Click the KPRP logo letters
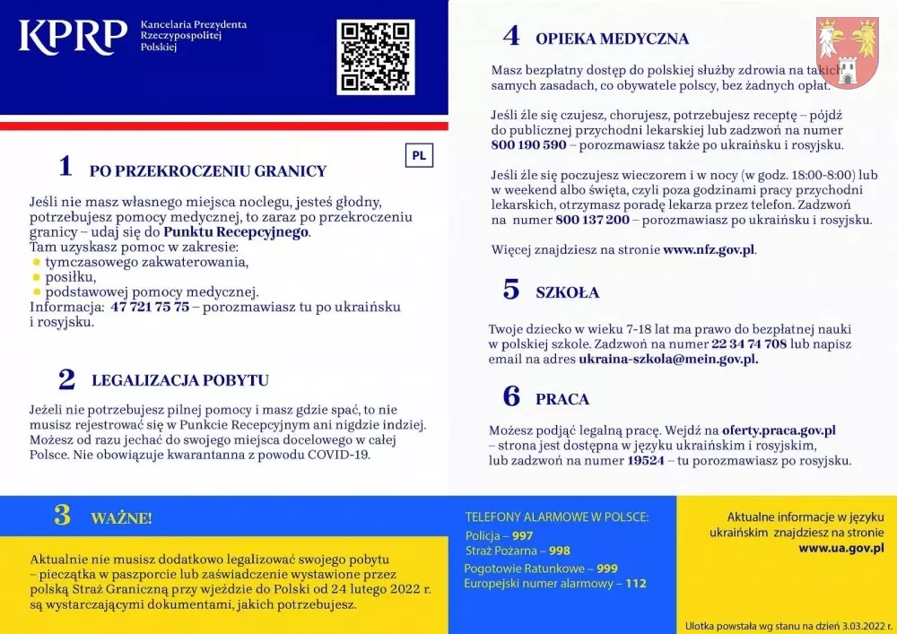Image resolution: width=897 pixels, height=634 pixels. coord(74,36)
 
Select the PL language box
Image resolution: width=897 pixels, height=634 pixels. coord(419,154)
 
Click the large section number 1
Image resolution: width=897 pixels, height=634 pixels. coord(65,166)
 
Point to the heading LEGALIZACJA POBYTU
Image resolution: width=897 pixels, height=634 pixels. coord(179,380)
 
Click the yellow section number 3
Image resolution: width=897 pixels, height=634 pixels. coord(62,516)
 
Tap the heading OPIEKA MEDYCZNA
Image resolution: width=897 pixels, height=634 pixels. coord(612,39)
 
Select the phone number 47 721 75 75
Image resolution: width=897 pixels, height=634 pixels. coord(150,307)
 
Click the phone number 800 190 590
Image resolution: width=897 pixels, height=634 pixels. coord(528,145)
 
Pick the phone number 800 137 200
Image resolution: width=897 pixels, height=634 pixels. coord(592,220)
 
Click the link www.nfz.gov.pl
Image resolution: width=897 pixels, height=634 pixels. coord(709,250)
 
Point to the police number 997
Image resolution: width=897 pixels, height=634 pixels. coord(523,535)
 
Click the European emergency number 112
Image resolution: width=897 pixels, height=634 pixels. coord(635,583)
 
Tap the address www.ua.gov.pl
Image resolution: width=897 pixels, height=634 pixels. coord(840,547)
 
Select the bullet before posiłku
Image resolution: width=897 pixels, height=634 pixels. coord(37,277)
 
